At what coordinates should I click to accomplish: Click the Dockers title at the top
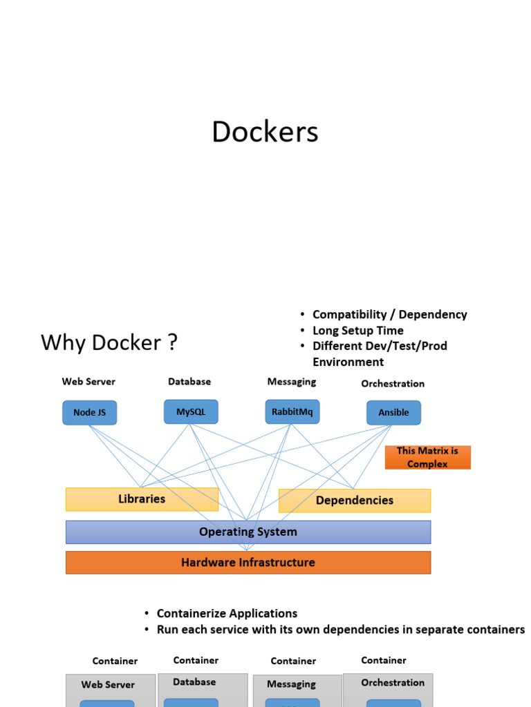(x=265, y=132)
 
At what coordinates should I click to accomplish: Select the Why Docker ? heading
(x=109, y=342)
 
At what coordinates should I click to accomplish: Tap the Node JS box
(x=90, y=413)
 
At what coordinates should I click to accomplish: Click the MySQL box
(x=191, y=411)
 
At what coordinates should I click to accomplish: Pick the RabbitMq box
(x=292, y=411)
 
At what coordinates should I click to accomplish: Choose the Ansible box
(x=393, y=413)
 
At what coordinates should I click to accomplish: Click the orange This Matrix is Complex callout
(x=427, y=457)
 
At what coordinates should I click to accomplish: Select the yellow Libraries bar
(x=142, y=499)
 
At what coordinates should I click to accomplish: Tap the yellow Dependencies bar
(x=354, y=501)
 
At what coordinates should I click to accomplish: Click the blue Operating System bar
(x=248, y=532)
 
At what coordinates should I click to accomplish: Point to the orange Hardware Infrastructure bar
(x=248, y=563)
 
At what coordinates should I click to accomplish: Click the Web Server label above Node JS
(x=88, y=381)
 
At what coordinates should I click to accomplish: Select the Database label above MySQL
(x=189, y=381)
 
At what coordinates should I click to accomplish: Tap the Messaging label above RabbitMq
(x=292, y=381)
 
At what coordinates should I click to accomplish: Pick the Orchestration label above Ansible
(x=393, y=383)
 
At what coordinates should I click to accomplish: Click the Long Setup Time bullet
(x=357, y=331)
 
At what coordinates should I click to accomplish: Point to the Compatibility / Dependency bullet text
(x=389, y=314)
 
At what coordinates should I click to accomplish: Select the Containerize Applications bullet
(x=227, y=613)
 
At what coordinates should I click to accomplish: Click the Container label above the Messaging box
(x=293, y=661)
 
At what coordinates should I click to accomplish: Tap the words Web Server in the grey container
(x=108, y=685)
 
